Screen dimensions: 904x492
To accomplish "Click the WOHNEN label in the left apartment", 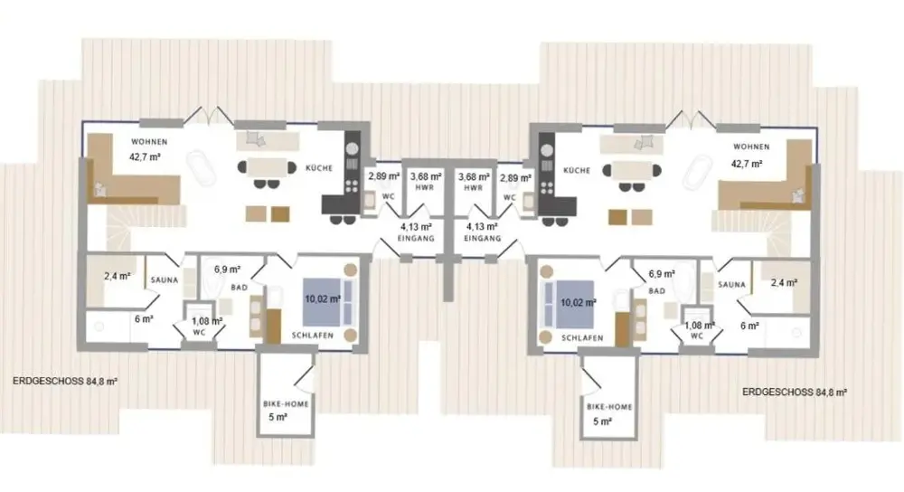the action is click(x=149, y=141).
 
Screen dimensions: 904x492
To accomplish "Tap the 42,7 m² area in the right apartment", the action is click(x=747, y=164).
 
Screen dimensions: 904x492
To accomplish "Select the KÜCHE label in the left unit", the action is click(x=319, y=168).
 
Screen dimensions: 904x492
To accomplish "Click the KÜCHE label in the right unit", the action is click(x=577, y=171).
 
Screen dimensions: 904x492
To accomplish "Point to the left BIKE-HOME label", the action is click(x=286, y=403).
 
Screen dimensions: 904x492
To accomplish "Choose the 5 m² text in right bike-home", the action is click(x=602, y=421).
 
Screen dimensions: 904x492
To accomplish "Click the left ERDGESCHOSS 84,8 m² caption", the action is click(x=65, y=382).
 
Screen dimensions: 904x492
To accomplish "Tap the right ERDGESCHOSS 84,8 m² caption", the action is click(x=795, y=393).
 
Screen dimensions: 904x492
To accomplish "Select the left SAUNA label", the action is click(x=165, y=279).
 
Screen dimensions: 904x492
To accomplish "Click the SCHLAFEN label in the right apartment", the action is click(x=582, y=338).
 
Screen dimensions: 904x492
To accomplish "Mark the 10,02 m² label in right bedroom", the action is click(x=579, y=302).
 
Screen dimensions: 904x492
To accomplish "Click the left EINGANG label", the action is click(x=416, y=238).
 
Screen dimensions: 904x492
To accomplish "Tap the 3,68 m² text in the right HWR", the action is click(x=474, y=177).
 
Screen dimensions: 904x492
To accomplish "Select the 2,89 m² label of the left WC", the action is click(x=384, y=176).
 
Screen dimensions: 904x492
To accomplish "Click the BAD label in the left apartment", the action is click(x=240, y=288).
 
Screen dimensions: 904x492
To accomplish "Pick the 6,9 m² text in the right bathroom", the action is click(x=662, y=274).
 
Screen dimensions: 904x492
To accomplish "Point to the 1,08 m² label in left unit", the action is click(x=207, y=321).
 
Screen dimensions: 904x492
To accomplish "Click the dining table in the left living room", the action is click(x=267, y=167).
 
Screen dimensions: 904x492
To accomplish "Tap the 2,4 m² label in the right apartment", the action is click(x=784, y=282).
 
